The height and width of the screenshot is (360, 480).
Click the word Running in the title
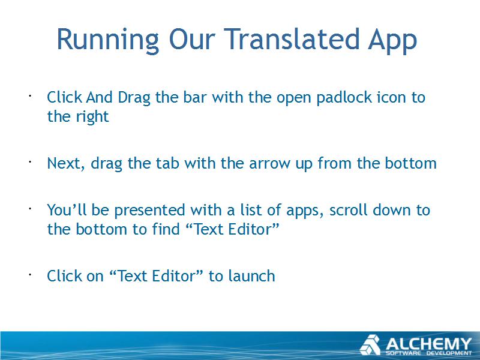pyautogui.click(x=108, y=40)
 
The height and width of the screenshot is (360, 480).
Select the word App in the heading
pyautogui.click(x=392, y=41)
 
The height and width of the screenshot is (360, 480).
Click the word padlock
pyautogui.click(x=344, y=98)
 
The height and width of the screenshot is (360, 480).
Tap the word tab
pyautogui.click(x=167, y=163)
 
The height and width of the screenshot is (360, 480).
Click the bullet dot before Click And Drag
pyautogui.click(x=30, y=96)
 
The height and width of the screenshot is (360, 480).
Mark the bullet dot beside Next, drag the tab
pyautogui.click(x=30, y=162)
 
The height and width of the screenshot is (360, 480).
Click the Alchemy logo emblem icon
pyautogui.click(x=370, y=345)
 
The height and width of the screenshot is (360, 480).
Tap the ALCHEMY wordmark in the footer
pyautogui.click(x=428, y=344)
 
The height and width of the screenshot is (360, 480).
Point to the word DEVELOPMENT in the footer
pyautogui.click(x=449, y=353)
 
